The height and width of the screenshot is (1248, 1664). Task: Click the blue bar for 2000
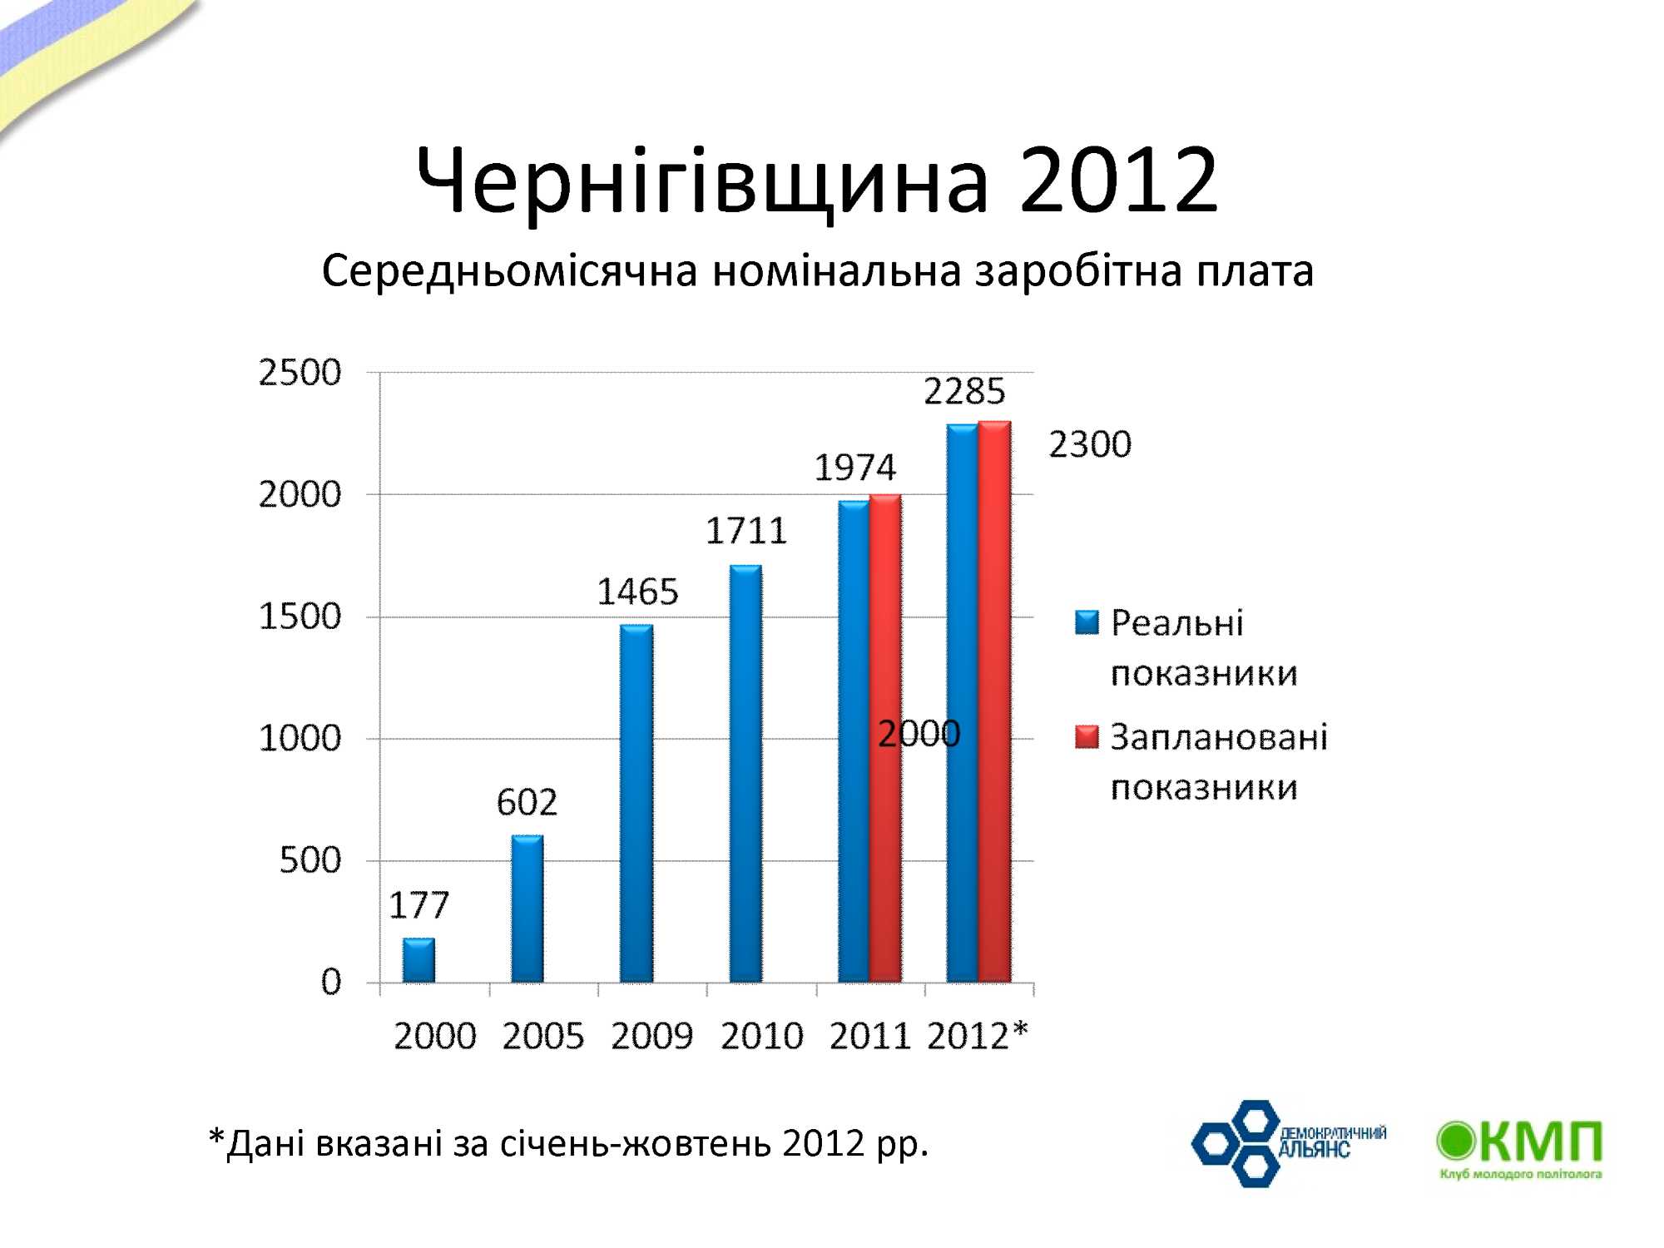click(x=418, y=961)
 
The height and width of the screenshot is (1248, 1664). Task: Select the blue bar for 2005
click(x=527, y=909)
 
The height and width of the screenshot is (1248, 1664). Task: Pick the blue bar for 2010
click(x=745, y=774)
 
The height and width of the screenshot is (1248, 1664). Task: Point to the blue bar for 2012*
click(x=963, y=703)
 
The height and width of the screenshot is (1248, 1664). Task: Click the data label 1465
click(x=638, y=592)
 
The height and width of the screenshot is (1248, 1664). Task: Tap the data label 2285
click(x=964, y=391)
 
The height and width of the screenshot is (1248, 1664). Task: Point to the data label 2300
click(x=1090, y=444)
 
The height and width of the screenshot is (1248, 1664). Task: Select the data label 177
click(x=418, y=905)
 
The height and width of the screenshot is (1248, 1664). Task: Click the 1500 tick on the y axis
click(x=300, y=617)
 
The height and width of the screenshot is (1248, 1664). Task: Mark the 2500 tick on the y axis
click(x=300, y=373)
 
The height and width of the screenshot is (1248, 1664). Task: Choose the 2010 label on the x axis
click(x=761, y=1037)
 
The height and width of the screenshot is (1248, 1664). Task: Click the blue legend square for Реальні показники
click(x=1087, y=622)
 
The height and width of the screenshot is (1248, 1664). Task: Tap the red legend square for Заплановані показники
click(x=1087, y=737)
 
